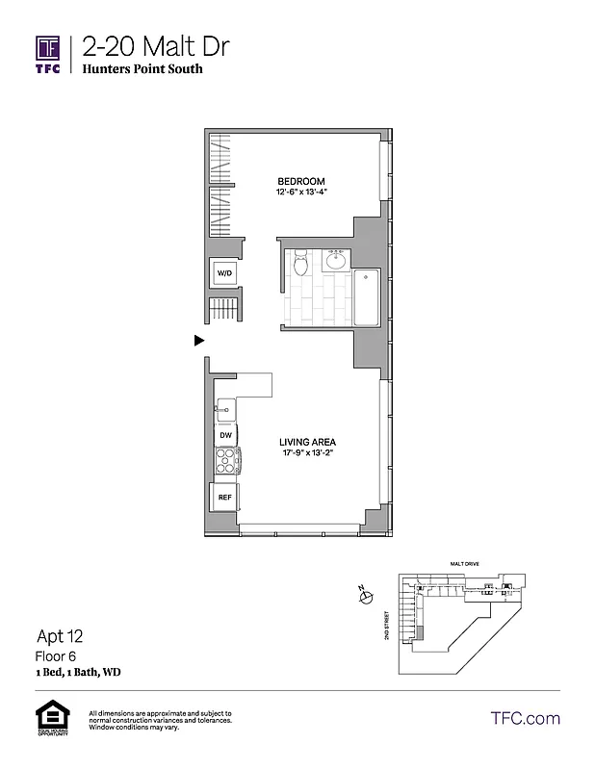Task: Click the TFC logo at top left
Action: (x=49, y=54)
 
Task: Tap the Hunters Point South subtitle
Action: (x=142, y=69)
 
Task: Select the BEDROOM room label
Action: (x=300, y=182)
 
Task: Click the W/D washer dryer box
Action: (x=224, y=274)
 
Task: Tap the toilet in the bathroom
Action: (x=299, y=261)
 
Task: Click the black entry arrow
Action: (x=199, y=340)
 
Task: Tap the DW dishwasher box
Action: (x=225, y=436)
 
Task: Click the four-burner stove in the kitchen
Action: (x=225, y=463)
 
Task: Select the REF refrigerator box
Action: (x=224, y=498)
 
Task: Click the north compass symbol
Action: (x=365, y=598)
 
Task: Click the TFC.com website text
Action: (x=525, y=718)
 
